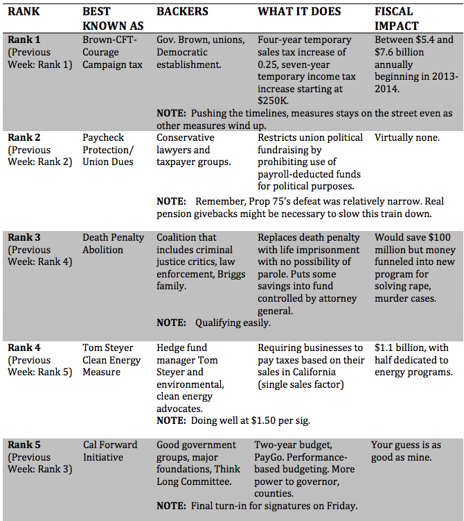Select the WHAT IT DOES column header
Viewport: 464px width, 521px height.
point(298,12)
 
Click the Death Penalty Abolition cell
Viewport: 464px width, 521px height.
point(113,244)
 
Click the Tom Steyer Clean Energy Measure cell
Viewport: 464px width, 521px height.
point(111,359)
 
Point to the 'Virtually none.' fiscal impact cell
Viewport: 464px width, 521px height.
point(407,137)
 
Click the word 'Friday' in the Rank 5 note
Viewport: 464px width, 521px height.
point(339,506)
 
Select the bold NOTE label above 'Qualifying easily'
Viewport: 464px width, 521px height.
point(170,323)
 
